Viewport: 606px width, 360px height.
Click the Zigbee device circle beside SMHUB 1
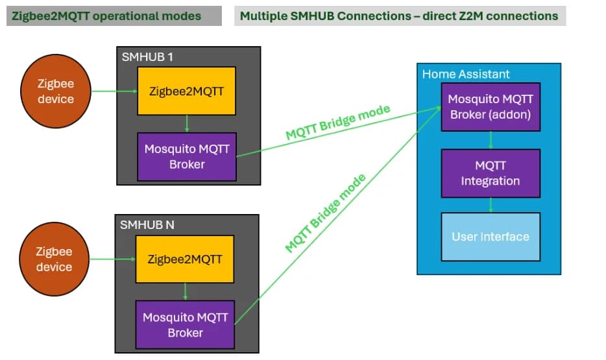(x=55, y=91)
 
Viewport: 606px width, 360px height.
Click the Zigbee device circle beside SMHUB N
(x=54, y=259)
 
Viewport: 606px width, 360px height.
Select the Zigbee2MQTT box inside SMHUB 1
(x=186, y=91)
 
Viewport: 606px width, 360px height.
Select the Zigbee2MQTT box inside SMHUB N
(x=185, y=259)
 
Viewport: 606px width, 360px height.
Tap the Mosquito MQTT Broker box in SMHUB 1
(x=187, y=156)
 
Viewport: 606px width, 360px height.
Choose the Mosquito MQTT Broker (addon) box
(x=490, y=107)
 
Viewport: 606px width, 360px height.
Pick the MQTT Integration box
(x=490, y=173)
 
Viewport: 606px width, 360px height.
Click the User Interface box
(x=490, y=237)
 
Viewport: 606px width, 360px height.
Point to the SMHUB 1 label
(x=147, y=56)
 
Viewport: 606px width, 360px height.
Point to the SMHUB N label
(x=147, y=225)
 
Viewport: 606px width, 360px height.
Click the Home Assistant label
(x=466, y=74)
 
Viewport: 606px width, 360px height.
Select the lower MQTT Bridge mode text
(x=326, y=213)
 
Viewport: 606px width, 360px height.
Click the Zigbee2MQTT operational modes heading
(x=106, y=16)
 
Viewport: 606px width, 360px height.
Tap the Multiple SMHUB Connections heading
(x=399, y=16)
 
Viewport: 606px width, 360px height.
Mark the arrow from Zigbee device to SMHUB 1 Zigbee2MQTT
(x=113, y=91)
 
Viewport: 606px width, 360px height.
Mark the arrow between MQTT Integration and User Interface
(x=491, y=205)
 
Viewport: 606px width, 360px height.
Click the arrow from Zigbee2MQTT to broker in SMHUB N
(x=185, y=292)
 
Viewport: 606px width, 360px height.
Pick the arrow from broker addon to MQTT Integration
(x=491, y=140)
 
